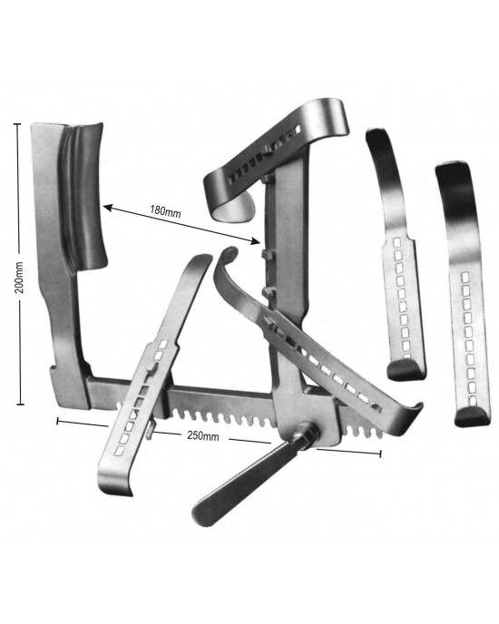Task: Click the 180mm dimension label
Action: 165,211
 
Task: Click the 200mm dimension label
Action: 19,278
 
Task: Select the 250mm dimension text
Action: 202,435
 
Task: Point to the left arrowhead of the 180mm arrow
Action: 108,207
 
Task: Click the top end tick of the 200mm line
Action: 16,124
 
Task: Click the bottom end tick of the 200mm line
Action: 20,405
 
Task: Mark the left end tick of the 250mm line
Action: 58,421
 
